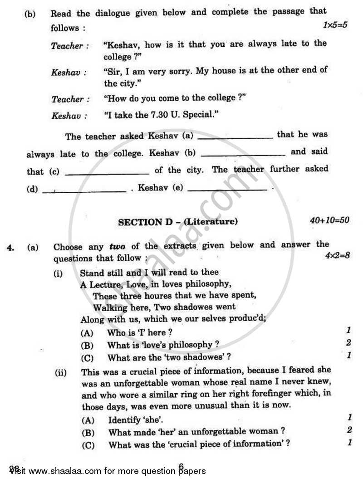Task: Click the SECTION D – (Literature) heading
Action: pyautogui.click(x=178, y=222)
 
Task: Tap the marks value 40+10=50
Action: pyautogui.click(x=329, y=220)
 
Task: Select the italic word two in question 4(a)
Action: pyautogui.click(x=118, y=247)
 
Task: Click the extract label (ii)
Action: pyautogui.click(x=61, y=373)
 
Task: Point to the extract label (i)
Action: pyautogui.click(x=59, y=273)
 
